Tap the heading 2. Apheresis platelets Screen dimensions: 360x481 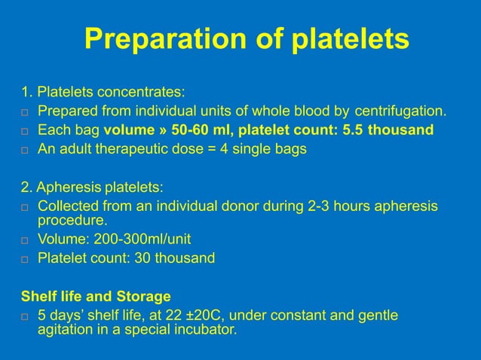click(92, 186)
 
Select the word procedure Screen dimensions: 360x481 click(72, 221)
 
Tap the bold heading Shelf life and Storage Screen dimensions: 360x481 click(95, 294)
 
